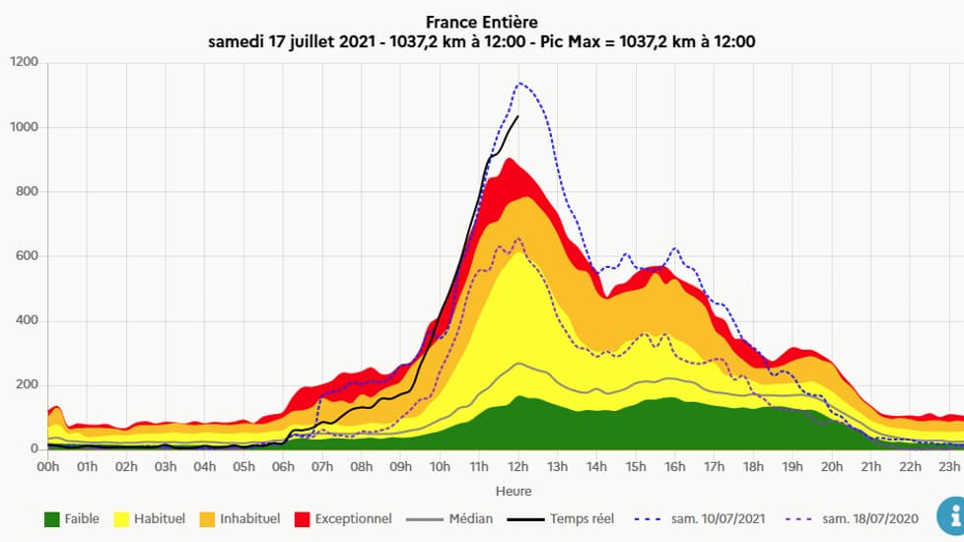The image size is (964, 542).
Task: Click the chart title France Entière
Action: (x=482, y=21)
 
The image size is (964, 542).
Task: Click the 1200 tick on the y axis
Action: (x=24, y=62)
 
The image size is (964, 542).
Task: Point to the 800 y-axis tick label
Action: (x=27, y=191)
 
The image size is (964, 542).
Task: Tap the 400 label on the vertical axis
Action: (x=27, y=320)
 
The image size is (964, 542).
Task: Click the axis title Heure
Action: (x=514, y=491)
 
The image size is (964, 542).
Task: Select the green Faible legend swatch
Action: (x=52, y=518)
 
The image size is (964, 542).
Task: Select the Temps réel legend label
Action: (x=582, y=518)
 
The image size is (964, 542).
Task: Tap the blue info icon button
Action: (x=948, y=512)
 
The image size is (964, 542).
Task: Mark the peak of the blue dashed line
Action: (x=519, y=83)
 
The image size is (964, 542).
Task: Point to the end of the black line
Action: (x=517, y=116)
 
